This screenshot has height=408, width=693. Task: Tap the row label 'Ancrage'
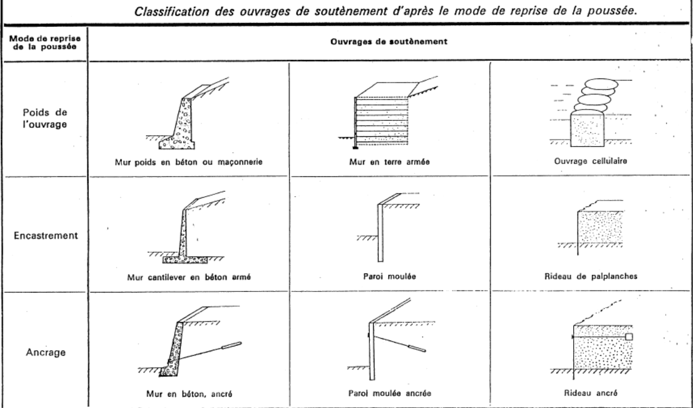(x=45, y=352)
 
